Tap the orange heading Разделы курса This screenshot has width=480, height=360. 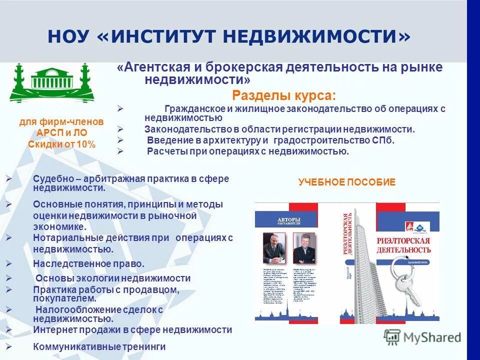[x=284, y=95]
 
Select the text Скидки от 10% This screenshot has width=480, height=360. [x=61, y=144]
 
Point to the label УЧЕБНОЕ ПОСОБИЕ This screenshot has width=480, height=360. [x=346, y=182]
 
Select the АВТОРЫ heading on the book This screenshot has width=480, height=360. [x=289, y=219]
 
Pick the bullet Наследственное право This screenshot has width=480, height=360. [x=88, y=263]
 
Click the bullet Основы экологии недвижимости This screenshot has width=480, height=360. [x=112, y=278]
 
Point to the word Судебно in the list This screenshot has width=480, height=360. [x=51, y=179]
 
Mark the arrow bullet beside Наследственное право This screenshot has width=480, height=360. [x=8, y=263]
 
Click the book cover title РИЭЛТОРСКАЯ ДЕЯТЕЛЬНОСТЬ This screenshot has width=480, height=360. [x=403, y=244]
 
